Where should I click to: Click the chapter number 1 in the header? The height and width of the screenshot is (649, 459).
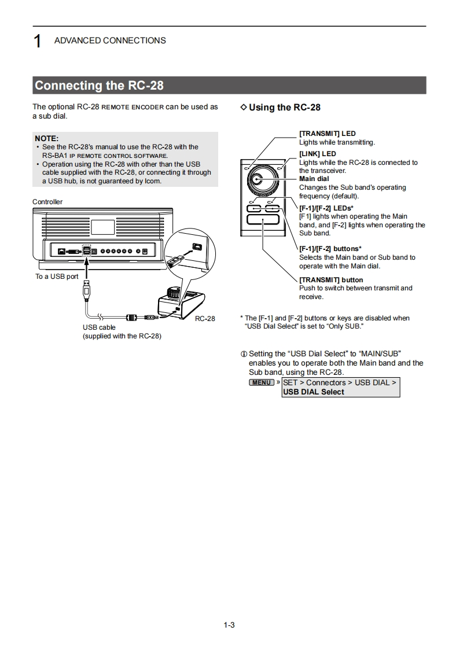pyautogui.click(x=37, y=41)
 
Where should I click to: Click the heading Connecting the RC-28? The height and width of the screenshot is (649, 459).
pyautogui.click(x=99, y=86)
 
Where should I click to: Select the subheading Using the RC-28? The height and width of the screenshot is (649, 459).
pyautogui.click(x=284, y=107)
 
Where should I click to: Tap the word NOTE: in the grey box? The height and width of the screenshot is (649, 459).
pyautogui.click(x=47, y=138)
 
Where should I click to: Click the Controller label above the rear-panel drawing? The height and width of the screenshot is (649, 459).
pyautogui.click(x=47, y=202)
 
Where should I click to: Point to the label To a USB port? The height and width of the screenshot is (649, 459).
pyautogui.click(x=57, y=276)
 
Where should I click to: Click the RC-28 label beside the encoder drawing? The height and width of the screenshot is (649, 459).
pyautogui.click(x=205, y=319)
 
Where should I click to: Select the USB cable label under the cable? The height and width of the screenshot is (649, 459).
pyautogui.click(x=99, y=327)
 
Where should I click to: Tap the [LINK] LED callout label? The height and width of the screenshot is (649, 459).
pyautogui.click(x=317, y=154)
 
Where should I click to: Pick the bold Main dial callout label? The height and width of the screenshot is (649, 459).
pyautogui.click(x=314, y=179)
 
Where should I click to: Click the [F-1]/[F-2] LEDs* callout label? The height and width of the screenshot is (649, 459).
pyautogui.click(x=326, y=208)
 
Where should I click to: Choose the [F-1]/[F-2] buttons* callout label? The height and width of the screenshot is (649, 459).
pyautogui.click(x=330, y=249)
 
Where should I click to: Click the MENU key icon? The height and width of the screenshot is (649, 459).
pyautogui.click(x=262, y=382)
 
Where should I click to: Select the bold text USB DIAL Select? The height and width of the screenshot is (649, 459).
pyautogui.click(x=313, y=392)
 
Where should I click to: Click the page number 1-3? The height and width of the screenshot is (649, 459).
pyautogui.click(x=229, y=625)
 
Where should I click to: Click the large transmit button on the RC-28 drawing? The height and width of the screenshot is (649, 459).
pyautogui.click(x=262, y=219)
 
